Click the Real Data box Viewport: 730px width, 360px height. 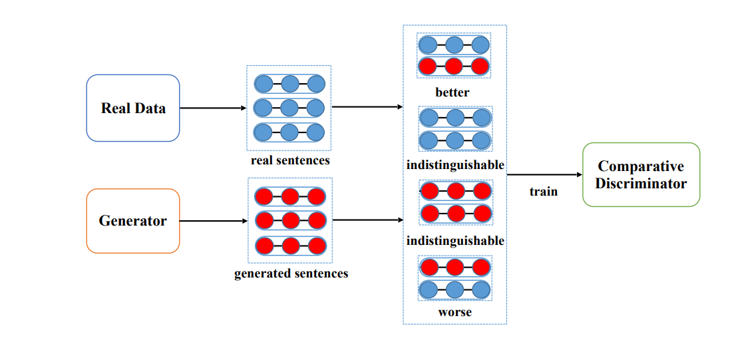[x=133, y=108]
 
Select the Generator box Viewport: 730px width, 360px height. [x=133, y=221]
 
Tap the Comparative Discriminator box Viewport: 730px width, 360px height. [x=641, y=174]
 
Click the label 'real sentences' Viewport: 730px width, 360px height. [x=290, y=161]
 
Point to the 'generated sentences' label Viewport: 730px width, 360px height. [x=291, y=273]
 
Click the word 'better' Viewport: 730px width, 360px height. [x=453, y=92]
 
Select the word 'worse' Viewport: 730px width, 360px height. [x=455, y=311]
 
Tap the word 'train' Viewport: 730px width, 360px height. [x=544, y=191]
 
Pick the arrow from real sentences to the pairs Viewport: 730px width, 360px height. [x=367, y=106]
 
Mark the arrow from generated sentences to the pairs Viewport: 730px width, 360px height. [x=368, y=220]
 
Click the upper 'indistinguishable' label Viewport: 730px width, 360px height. [x=455, y=165]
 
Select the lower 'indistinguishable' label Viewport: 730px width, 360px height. [x=455, y=242]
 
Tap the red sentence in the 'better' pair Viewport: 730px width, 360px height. [x=454, y=67]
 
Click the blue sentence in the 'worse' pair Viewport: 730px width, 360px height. [x=455, y=289]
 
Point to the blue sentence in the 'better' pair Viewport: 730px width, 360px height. [x=454, y=45]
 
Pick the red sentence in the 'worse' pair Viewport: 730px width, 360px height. [x=455, y=268]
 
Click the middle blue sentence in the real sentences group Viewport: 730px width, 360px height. [x=289, y=108]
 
